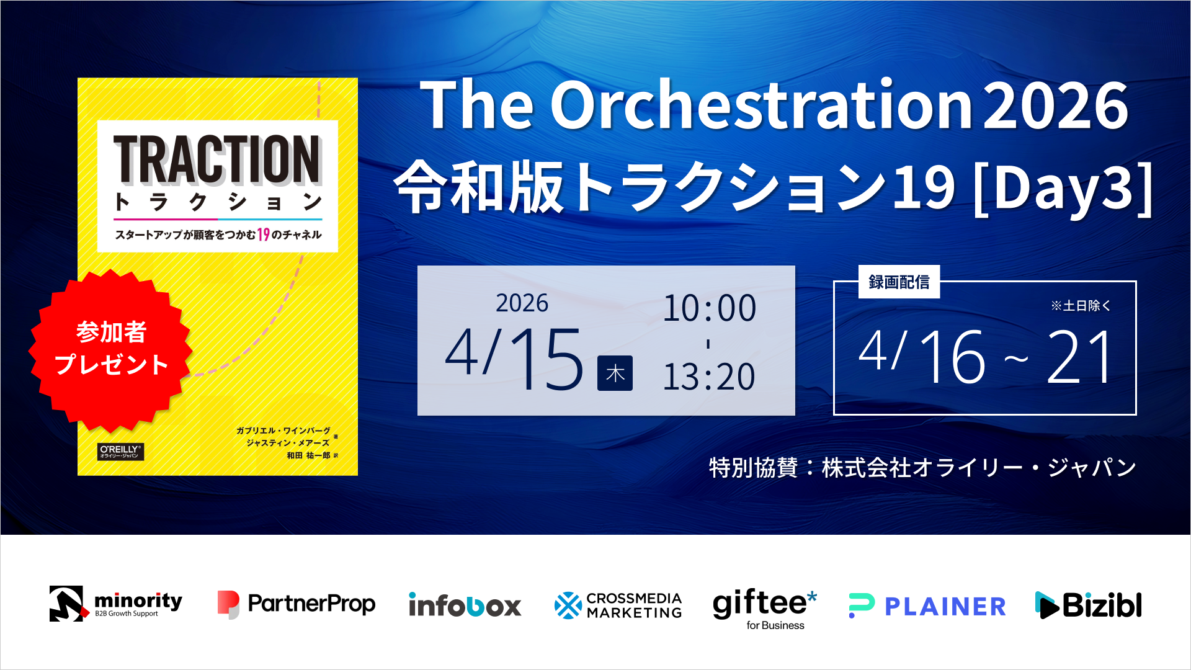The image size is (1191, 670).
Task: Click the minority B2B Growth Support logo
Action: point(116,604)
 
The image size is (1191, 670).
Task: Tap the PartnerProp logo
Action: point(297,604)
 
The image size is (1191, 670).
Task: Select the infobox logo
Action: point(465,605)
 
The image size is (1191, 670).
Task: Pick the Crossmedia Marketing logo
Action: point(618,605)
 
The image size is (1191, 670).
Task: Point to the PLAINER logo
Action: point(927,606)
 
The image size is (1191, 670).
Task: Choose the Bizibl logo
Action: point(1089,605)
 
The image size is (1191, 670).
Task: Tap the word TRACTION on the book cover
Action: point(216,160)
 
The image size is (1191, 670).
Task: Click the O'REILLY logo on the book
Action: point(121,452)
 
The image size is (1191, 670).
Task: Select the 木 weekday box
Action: point(615,373)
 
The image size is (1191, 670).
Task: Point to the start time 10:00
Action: point(710,308)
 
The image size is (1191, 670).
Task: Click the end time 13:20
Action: point(709,377)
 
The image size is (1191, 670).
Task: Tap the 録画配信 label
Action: point(899,282)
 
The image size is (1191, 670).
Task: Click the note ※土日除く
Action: point(1081,306)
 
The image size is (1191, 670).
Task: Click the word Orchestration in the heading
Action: point(761,105)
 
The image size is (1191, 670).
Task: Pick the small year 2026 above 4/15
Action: point(522,303)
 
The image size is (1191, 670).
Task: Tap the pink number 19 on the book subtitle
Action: point(264,234)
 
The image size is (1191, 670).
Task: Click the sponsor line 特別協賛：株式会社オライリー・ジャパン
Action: point(922,468)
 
